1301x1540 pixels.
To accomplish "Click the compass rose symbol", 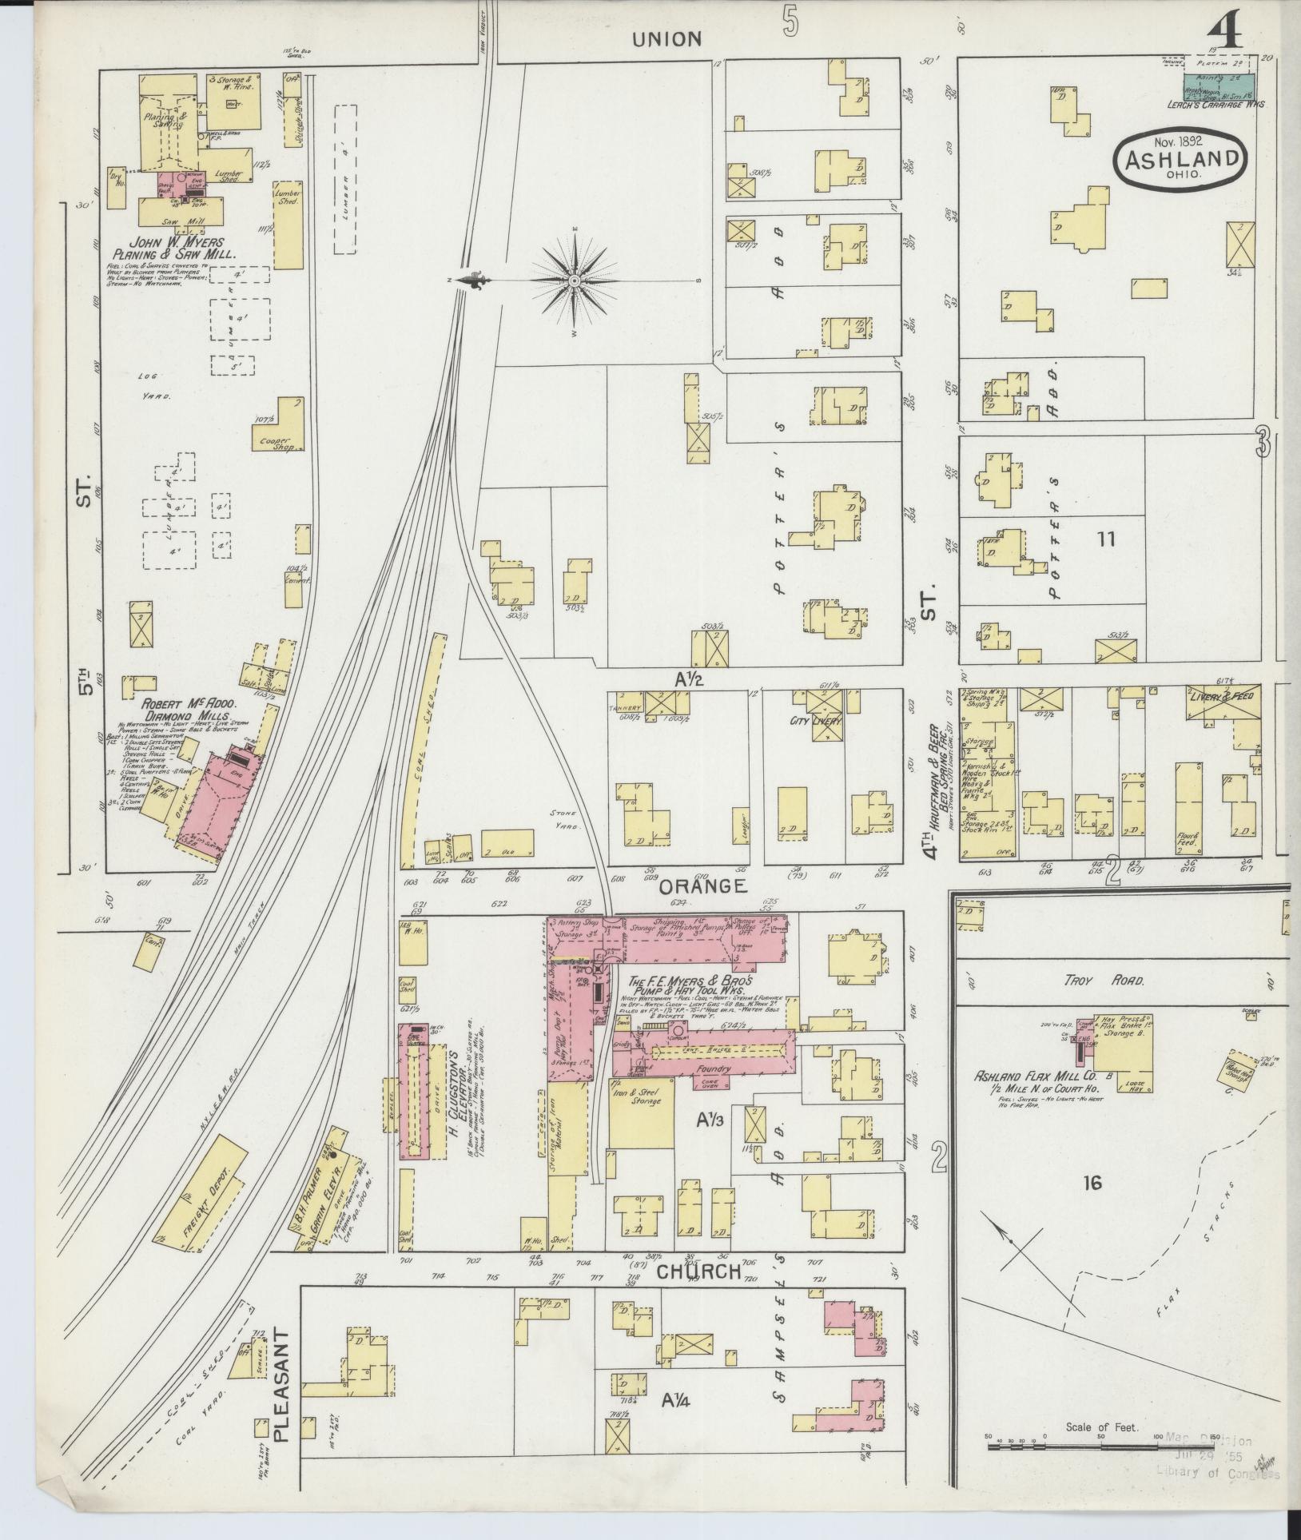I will [x=575, y=281].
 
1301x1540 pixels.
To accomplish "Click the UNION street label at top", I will [x=668, y=38].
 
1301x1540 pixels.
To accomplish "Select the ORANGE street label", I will [x=702, y=885].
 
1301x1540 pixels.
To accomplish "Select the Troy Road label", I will [x=1092, y=980].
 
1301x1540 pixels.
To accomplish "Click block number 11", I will [x=1105, y=539].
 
